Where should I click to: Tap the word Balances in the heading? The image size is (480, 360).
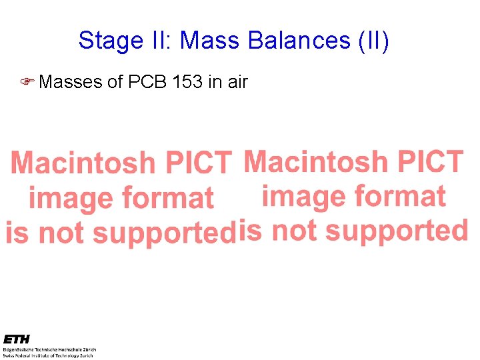point(297,41)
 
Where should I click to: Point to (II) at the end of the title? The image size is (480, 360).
point(373,41)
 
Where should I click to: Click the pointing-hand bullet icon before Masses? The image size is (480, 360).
point(27,82)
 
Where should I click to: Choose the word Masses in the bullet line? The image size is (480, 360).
point(70,82)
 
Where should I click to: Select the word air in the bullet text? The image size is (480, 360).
point(237,82)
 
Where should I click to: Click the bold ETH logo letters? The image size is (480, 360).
point(16,339)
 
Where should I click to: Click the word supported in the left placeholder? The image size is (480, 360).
point(163,233)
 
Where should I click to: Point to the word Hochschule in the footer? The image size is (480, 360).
point(75,349)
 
